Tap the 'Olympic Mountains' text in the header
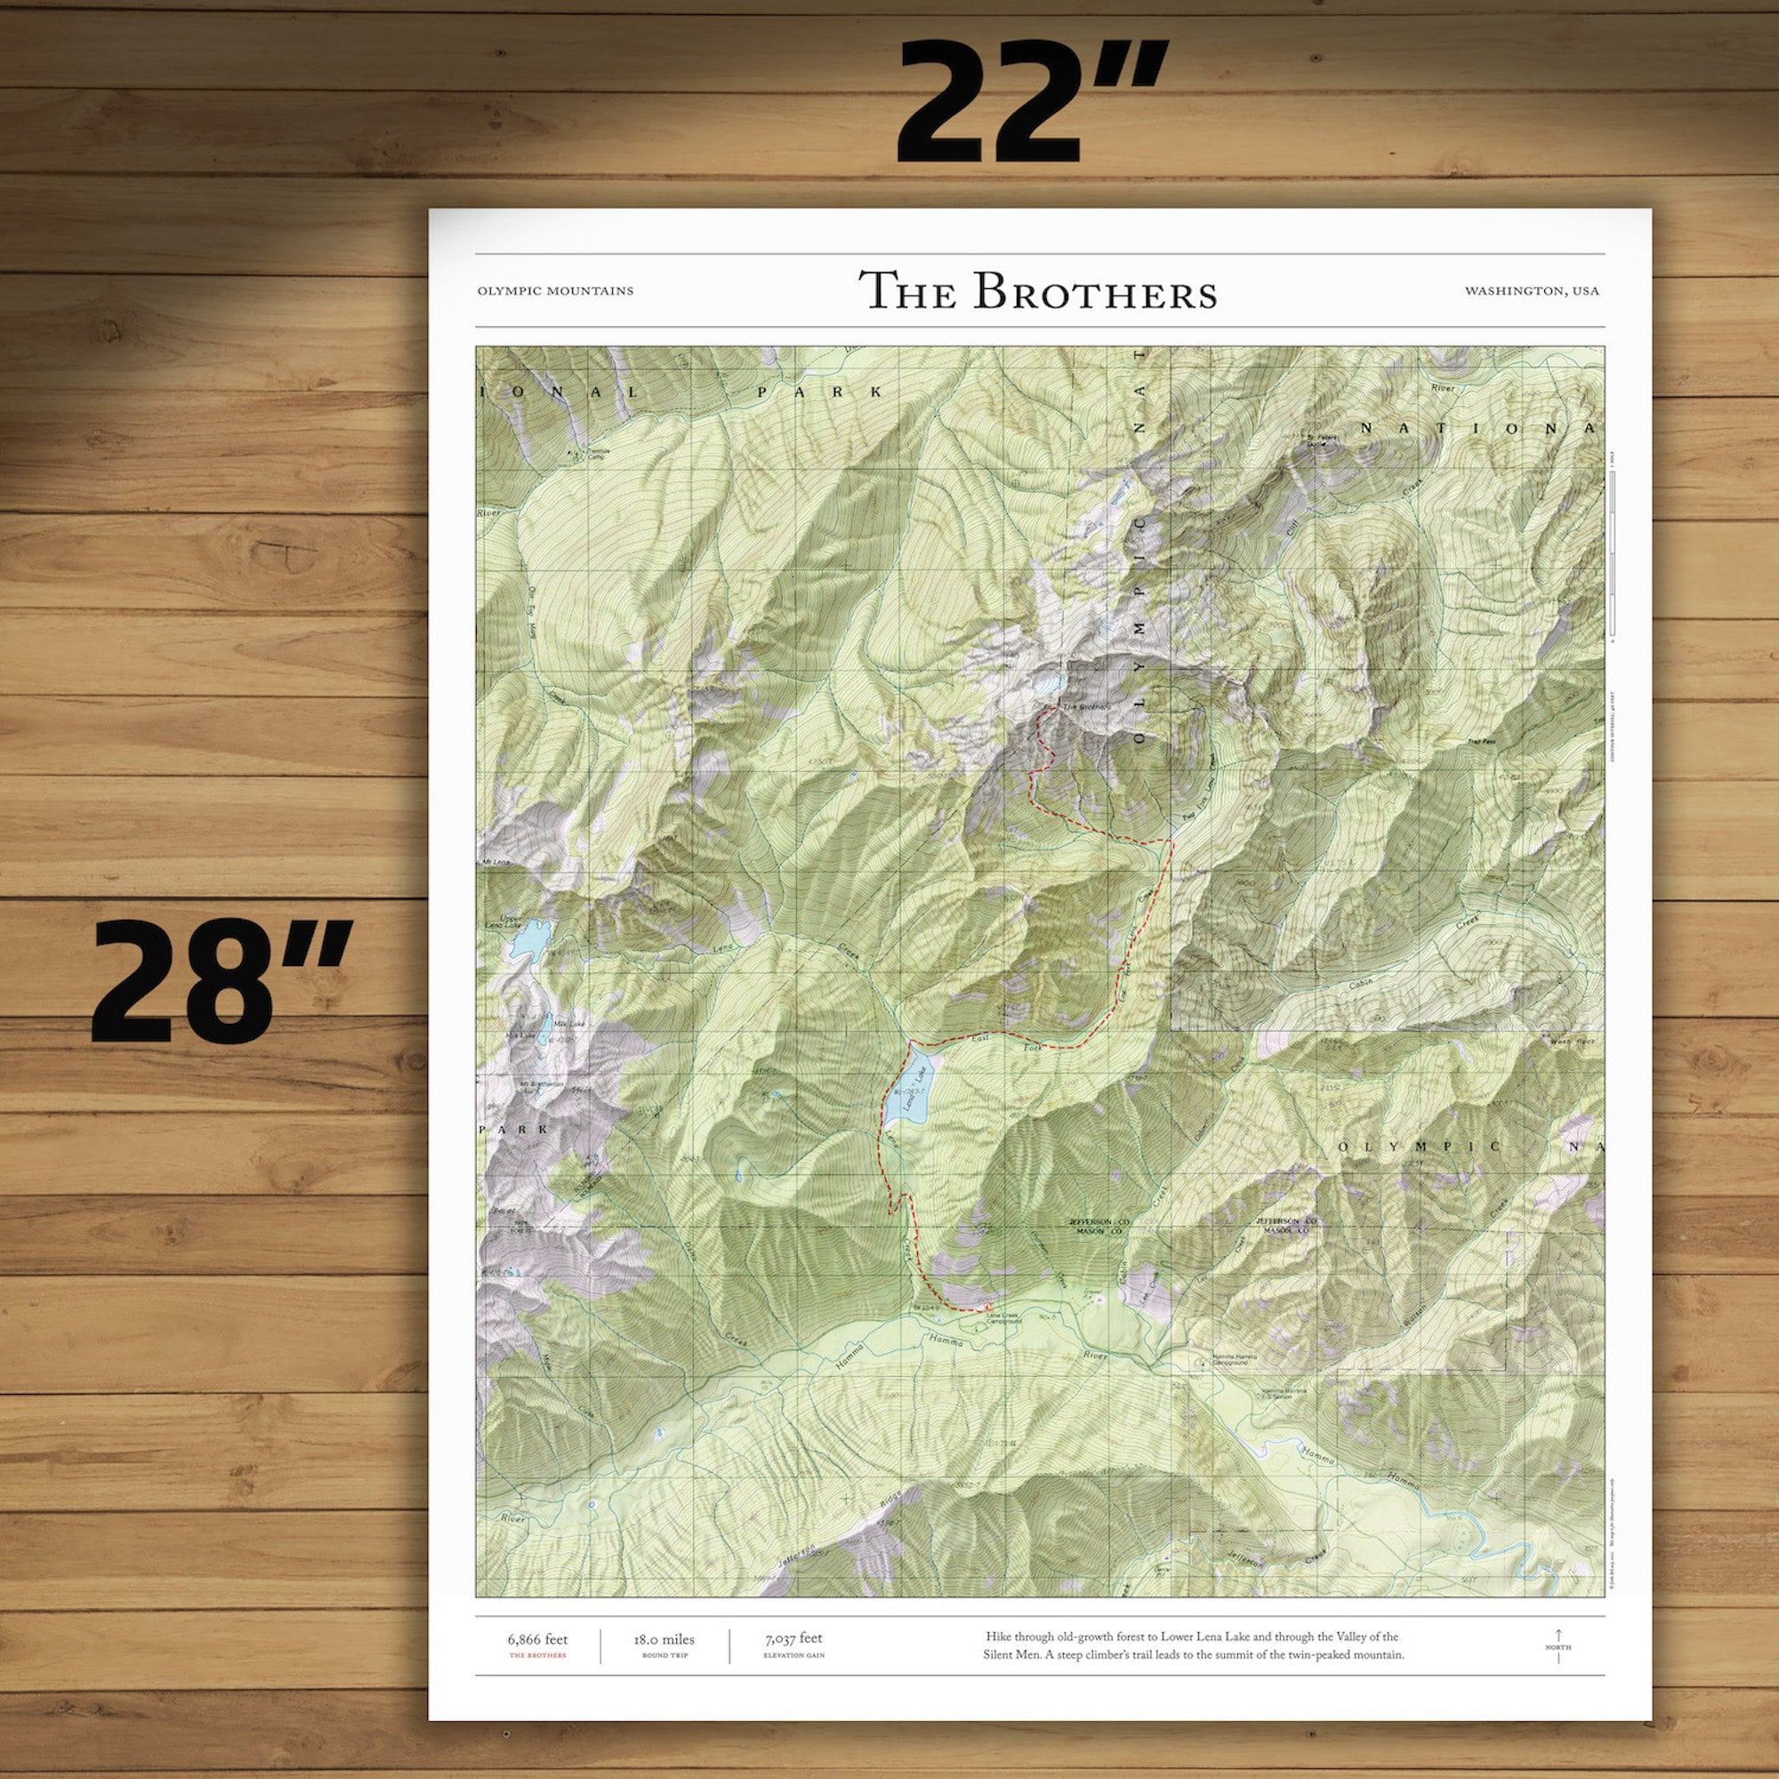click(x=555, y=291)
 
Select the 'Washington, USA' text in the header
click(x=1532, y=291)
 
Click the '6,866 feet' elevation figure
click(x=538, y=1638)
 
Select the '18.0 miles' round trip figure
click(x=664, y=1638)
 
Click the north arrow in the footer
click(x=1558, y=1646)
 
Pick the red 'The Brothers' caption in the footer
click(x=538, y=1654)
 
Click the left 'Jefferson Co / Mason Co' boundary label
click(x=1098, y=1226)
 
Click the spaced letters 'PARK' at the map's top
click(x=819, y=392)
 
